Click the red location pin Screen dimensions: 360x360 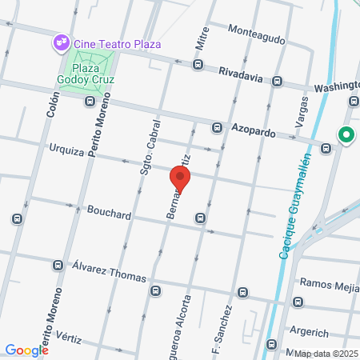tap(179, 179)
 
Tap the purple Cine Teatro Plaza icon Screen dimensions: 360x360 tap(60, 42)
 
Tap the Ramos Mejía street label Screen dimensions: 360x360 tap(328, 283)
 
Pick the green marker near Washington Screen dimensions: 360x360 tap(346, 135)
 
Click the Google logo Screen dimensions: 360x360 tap(26, 350)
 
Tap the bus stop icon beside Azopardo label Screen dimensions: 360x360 tap(217, 127)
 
